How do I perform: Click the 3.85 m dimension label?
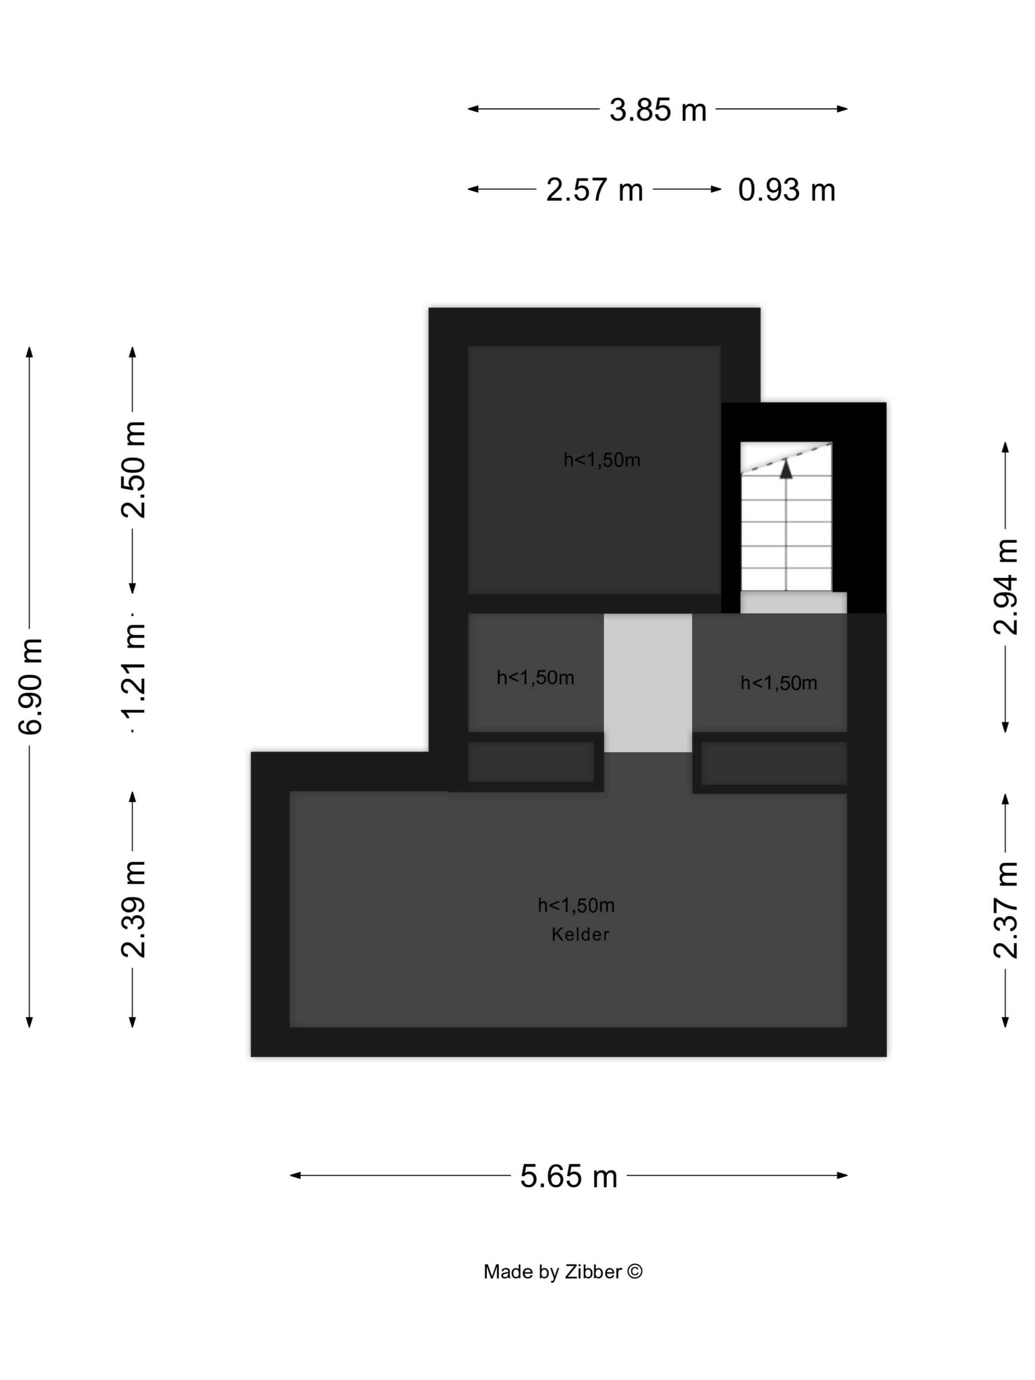pyautogui.click(x=657, y=110)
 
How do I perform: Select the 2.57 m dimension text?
pyautogui.click(x=594, y=190)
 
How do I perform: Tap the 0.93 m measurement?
pyautogui.click(x=786, y=190)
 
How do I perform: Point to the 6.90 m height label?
pyautogui.click(x=31, y=686)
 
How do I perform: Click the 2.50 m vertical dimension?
pyautogui.click(x=134, y=470)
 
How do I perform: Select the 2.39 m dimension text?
pyautogui.click(x=134, y=909)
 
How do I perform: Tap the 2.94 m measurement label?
pyautogui.click(x=1006, y=587)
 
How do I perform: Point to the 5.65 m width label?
pyautogui.click(x=568, y=1176)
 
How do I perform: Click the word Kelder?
pyautogui.click(x=580, y=934)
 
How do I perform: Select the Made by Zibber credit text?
pyautogui.click(x=563, y=1272)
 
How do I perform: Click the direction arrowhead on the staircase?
pyautogui.click(x=786, y=469)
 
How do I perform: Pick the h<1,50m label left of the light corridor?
pyautogui.click(x=535, y=678)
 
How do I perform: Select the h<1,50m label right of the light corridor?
pyautogui.click(x=779, y=683)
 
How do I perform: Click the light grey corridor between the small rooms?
pyautogui.click(x=648, y=683)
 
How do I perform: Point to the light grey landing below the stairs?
pyautogui.click(x=793, y=603)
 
